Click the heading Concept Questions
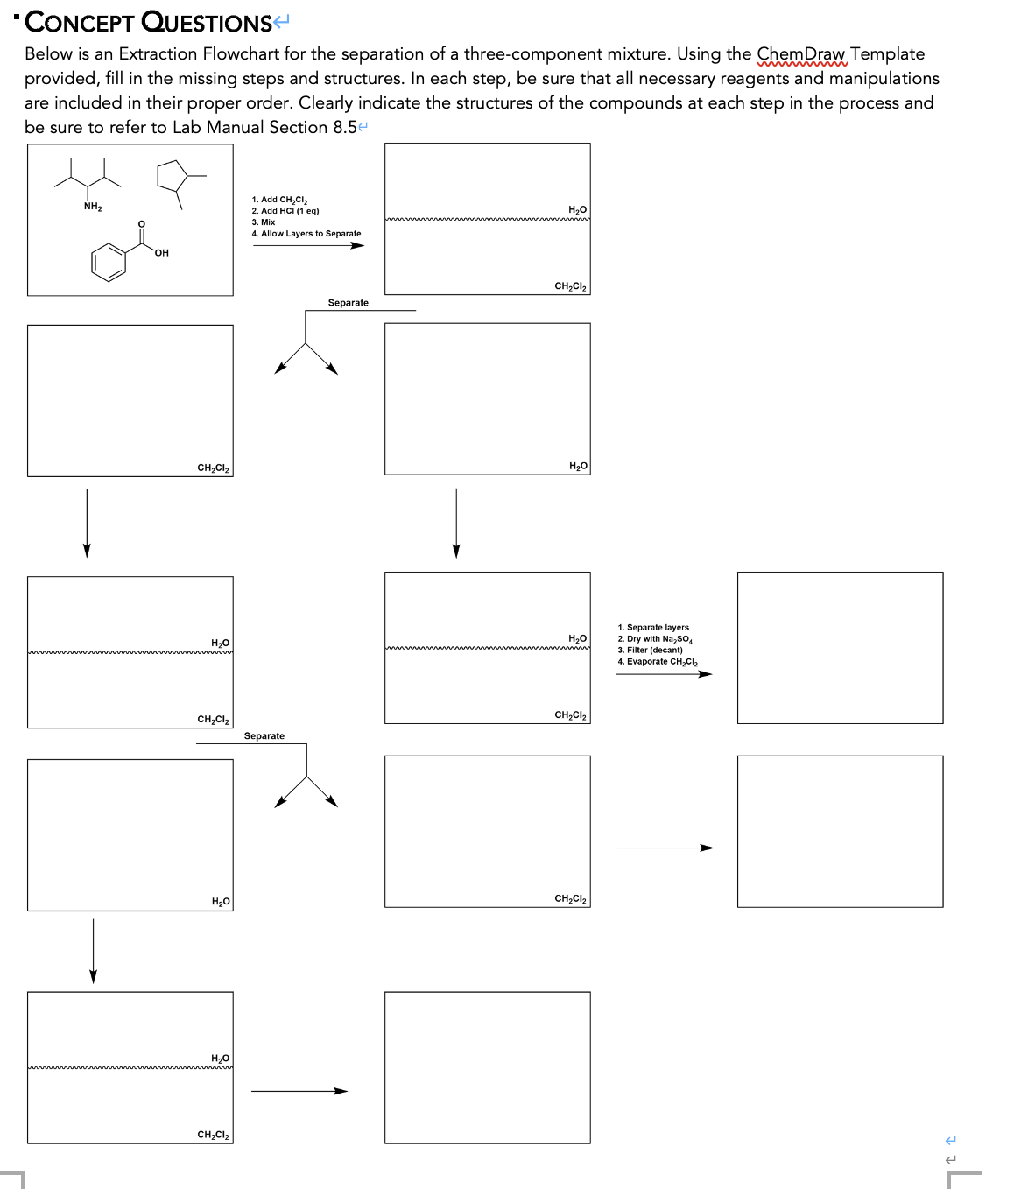(149, 22)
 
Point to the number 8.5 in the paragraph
(345, 128)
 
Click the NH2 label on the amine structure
(93, 208)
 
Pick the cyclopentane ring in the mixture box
(173, 176)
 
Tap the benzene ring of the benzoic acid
(109, 262)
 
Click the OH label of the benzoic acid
(161, 253)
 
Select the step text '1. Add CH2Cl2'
(279, 200)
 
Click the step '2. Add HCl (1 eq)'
(285, 211)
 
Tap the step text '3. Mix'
(264, 222)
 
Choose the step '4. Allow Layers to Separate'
(306, 234)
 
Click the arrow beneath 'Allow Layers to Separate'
(308, 245)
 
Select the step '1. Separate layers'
(653, 628)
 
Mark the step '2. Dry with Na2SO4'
(655, 639)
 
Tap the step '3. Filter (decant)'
(650, 651)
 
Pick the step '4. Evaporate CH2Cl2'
(658, 662)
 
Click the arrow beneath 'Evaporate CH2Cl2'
(664, 674)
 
